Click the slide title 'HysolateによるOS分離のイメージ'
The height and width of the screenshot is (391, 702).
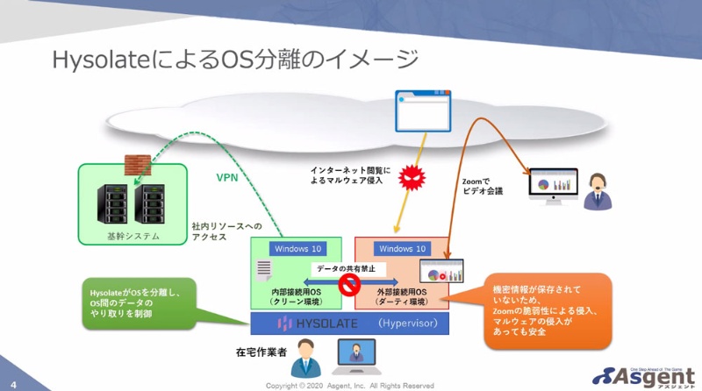coord(236,60)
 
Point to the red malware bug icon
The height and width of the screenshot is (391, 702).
coord(411,179)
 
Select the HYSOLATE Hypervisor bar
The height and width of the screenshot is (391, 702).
coord(349,324)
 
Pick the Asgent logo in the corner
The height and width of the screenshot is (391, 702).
coord(646,373)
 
